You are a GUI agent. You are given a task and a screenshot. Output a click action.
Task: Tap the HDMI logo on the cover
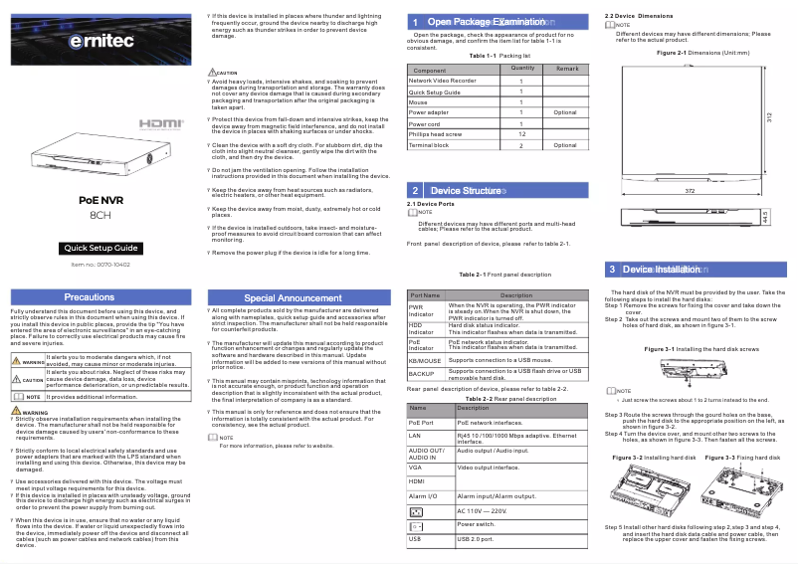click(159, 123)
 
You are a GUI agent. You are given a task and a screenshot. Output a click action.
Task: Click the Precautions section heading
click(90, 297)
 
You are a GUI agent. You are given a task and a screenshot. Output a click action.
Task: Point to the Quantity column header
click(522, 68)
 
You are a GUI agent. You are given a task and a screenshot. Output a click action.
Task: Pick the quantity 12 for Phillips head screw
click(522, 133)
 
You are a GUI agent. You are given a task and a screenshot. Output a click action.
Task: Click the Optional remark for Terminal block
click(565, 145)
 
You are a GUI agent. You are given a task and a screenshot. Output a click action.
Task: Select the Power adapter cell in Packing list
click(429, 113)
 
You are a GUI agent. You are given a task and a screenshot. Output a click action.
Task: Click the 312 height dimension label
click(769, 117)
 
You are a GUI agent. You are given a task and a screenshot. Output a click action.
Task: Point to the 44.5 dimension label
click(764, 216)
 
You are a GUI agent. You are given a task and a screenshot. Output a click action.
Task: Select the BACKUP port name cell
click(422, 374)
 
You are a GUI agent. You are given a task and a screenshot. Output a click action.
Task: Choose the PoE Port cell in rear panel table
click(421, 423)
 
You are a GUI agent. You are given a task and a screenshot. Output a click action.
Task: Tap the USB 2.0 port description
click(475, 538)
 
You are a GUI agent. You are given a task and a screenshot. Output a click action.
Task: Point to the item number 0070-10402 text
click(100, 264)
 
